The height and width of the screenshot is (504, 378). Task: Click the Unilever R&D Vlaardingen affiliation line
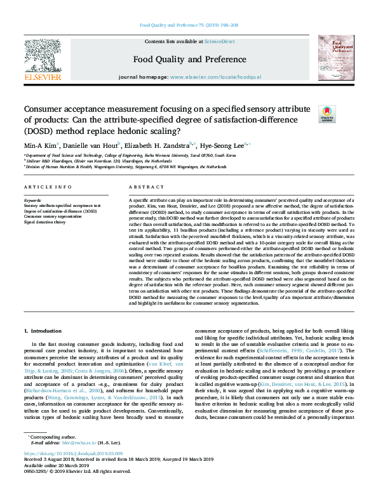click(93, 161)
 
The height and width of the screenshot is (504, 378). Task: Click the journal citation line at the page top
click(189, 26)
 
